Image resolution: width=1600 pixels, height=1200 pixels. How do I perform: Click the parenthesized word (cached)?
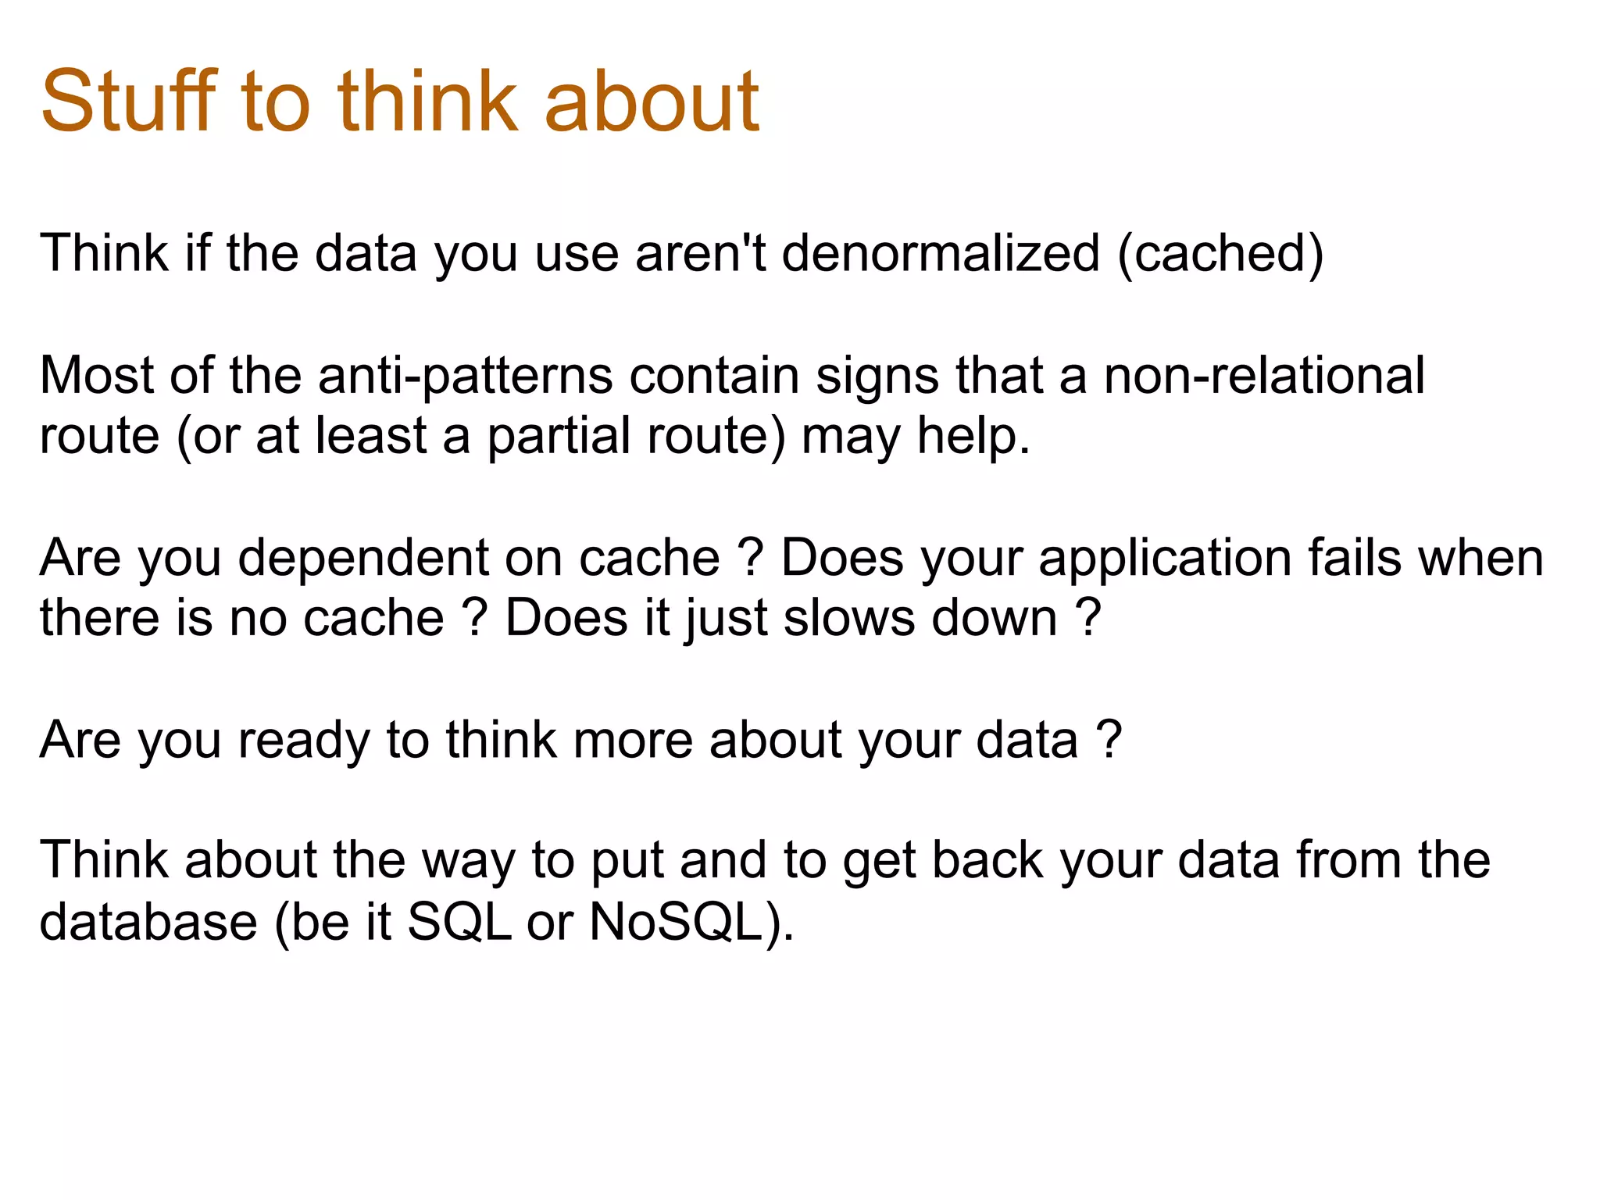point(1220,253)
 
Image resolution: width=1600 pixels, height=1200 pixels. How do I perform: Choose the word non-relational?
point(1263,375)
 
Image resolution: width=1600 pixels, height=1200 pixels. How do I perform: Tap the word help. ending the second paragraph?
point(973,436)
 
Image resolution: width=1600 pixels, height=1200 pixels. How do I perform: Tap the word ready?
point(303,741)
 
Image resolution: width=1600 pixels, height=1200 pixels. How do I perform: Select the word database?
point(148,922)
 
